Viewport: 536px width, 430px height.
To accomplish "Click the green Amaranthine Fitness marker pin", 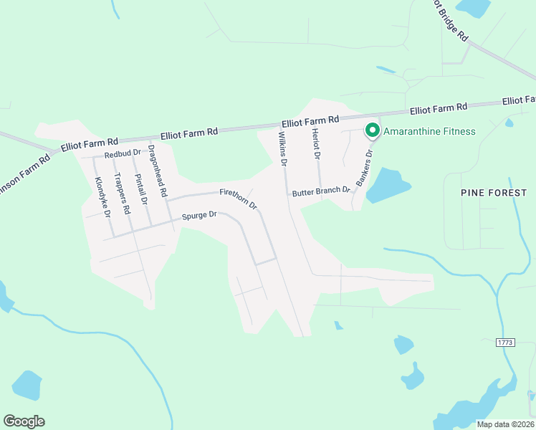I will (372, 130).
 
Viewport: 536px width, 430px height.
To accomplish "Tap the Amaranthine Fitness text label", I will (429, 131).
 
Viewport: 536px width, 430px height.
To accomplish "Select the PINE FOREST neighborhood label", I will (494, 193).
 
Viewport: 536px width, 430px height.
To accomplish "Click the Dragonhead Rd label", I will (157, 171).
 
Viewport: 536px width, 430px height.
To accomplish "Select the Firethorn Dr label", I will (239, 197).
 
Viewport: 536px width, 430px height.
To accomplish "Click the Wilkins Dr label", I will (282, 148).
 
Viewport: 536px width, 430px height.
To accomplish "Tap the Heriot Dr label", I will (316, 145).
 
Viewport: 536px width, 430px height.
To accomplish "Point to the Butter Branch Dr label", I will (321, 191).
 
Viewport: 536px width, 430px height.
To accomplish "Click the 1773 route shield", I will (505, 343).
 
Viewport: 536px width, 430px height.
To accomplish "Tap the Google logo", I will (24, 421).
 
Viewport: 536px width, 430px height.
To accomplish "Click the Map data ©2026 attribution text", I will (504, 424).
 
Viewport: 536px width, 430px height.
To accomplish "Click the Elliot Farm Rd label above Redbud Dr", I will (90, 143).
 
